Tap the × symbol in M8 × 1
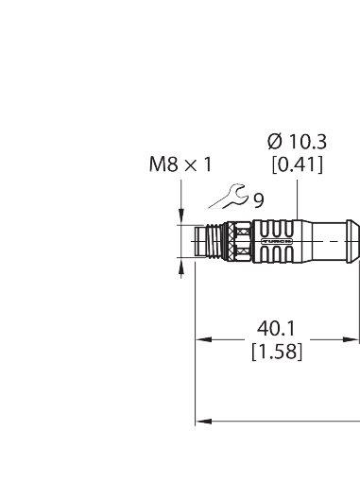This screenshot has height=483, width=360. (187, 164)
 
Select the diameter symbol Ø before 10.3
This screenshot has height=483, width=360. (274, 141)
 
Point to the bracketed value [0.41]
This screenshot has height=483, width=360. (297, 164)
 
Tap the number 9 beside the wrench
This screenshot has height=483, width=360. (258, 199)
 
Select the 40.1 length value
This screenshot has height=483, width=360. (276, 331)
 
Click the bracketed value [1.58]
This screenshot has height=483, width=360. (276, 353)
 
